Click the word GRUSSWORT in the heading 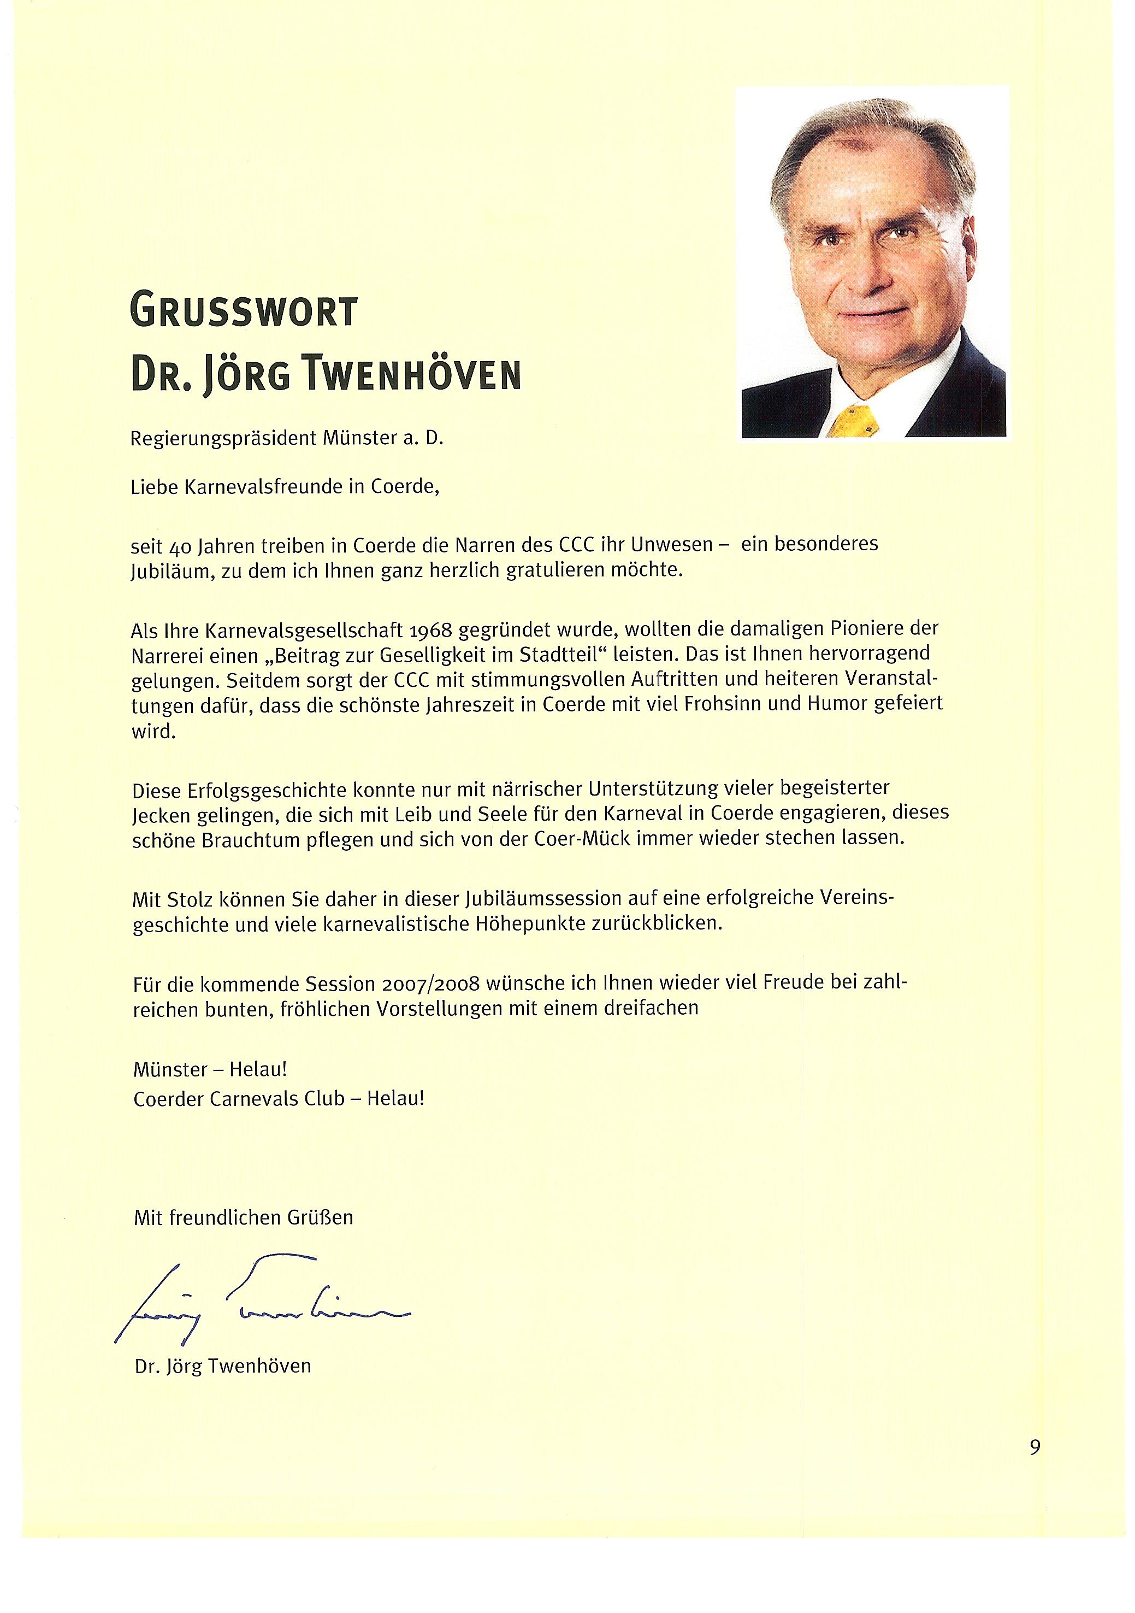click(x=244, y=311)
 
